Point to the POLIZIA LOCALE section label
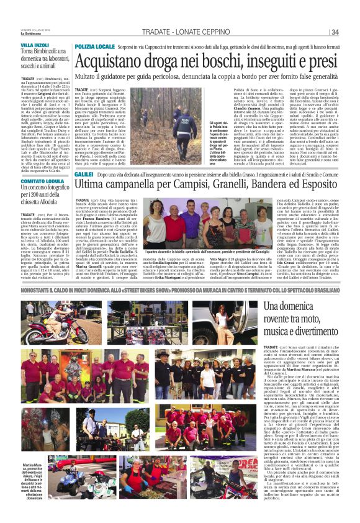tap(95, 47)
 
